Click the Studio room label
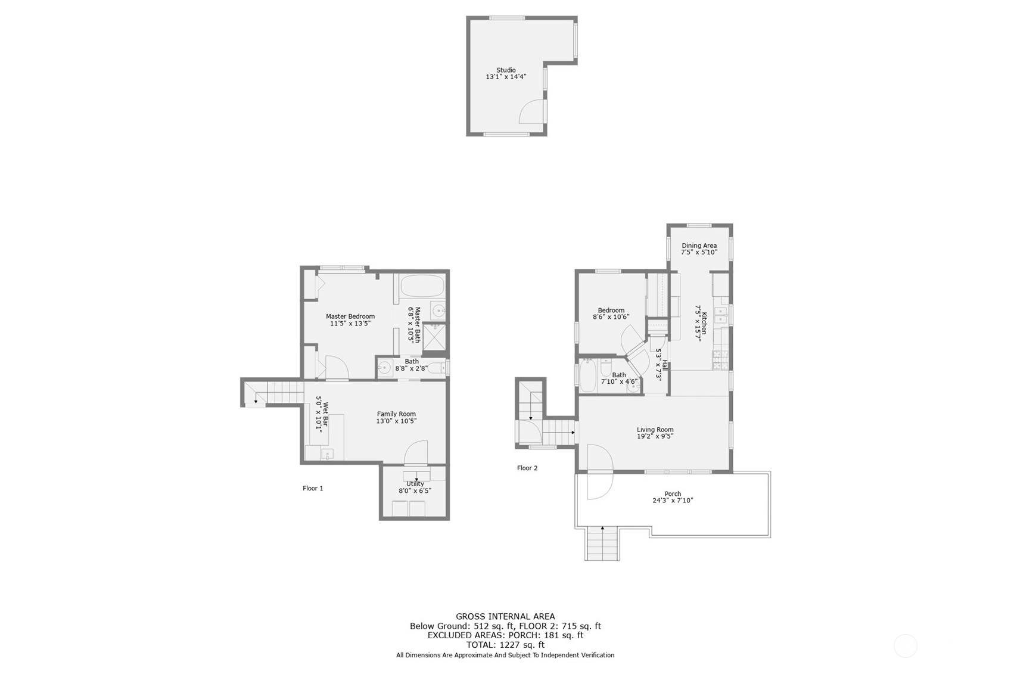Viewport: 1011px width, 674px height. click(x=506, y=70)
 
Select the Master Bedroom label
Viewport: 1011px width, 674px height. click(x=350, y=316)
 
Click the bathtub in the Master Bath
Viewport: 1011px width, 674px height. click(x=422, y=286)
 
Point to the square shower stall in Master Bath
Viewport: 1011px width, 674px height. click(x=434, y=337)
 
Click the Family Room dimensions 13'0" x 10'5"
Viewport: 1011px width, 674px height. click(x=396, y=421)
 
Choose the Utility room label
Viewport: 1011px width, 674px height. click(x=415, y=484)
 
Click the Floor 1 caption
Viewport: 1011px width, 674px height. click(x=313, y=489)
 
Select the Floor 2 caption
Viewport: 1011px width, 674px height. click(x=527, y=468)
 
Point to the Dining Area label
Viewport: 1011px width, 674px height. click(x=699, y=246)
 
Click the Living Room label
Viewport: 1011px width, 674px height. click(x=655, y=430)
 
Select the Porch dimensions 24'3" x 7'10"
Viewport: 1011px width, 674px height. click(x=673, y=500)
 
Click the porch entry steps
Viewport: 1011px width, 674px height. click(x=602, y=543)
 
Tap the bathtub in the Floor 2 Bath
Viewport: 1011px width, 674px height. click(x=588, y=375)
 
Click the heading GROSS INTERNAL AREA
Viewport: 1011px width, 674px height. click(x=505, y=616)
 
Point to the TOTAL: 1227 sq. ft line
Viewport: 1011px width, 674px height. click(x=505, y=645)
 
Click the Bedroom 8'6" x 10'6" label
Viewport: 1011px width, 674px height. click(x=611, y=313)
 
